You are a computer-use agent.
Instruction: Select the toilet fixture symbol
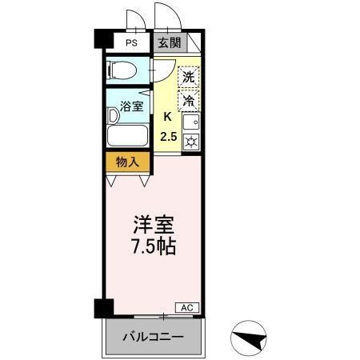click(x=122, y=70)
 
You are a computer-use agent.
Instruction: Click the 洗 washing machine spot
click(x=188, y=78)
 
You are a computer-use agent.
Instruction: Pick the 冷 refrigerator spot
click(x=189, y=102)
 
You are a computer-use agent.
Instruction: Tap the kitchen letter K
click(x=168, y=117)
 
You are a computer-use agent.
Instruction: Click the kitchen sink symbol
click(x=190, y=122)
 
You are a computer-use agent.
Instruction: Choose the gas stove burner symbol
click(x=190, y=142)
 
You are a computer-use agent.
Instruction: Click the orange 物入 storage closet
click(x=128, y=162)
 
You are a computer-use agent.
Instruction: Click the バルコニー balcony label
click(x=152, y=336)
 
